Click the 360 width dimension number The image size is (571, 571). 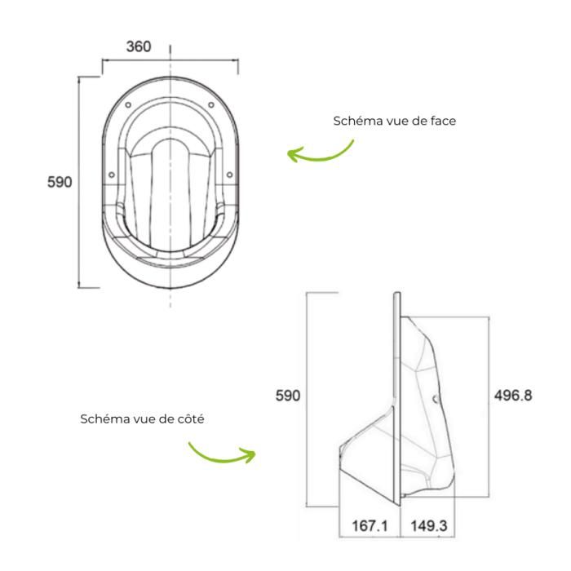(139, 46)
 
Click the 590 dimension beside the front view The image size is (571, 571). (60, 182)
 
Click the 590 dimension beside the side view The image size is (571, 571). (288, 396)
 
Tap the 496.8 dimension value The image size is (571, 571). (513, 396)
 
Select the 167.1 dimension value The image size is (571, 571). (370, 526)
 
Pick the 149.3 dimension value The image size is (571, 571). (429, 526)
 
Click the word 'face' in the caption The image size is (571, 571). (443, 121)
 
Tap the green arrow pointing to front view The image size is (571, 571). (320, 153)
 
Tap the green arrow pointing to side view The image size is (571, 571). (221, 454)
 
